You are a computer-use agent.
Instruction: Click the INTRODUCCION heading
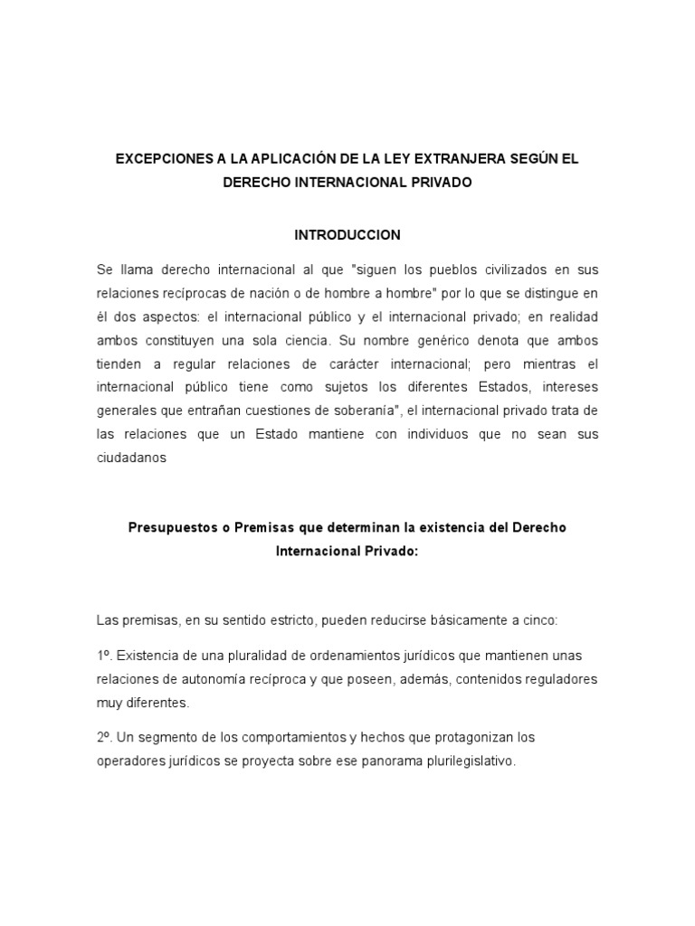(x=347, y=234)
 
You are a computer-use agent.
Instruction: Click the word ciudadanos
(x=132, y=458)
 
